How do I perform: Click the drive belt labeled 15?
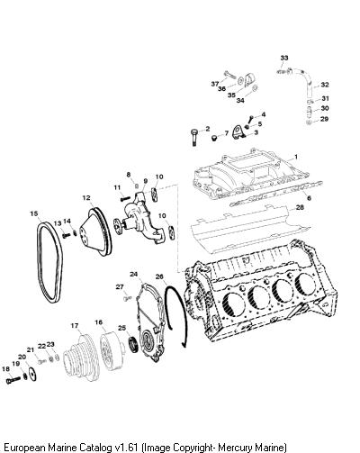(41, 258)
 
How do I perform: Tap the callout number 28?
(300, 207)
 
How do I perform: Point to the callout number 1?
(296, 157)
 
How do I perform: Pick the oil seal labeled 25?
(134, 344)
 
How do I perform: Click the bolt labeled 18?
(13, 380)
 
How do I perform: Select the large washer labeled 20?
(31, 375)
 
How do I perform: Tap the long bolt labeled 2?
(193, 137)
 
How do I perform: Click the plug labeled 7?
(214, 138)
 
